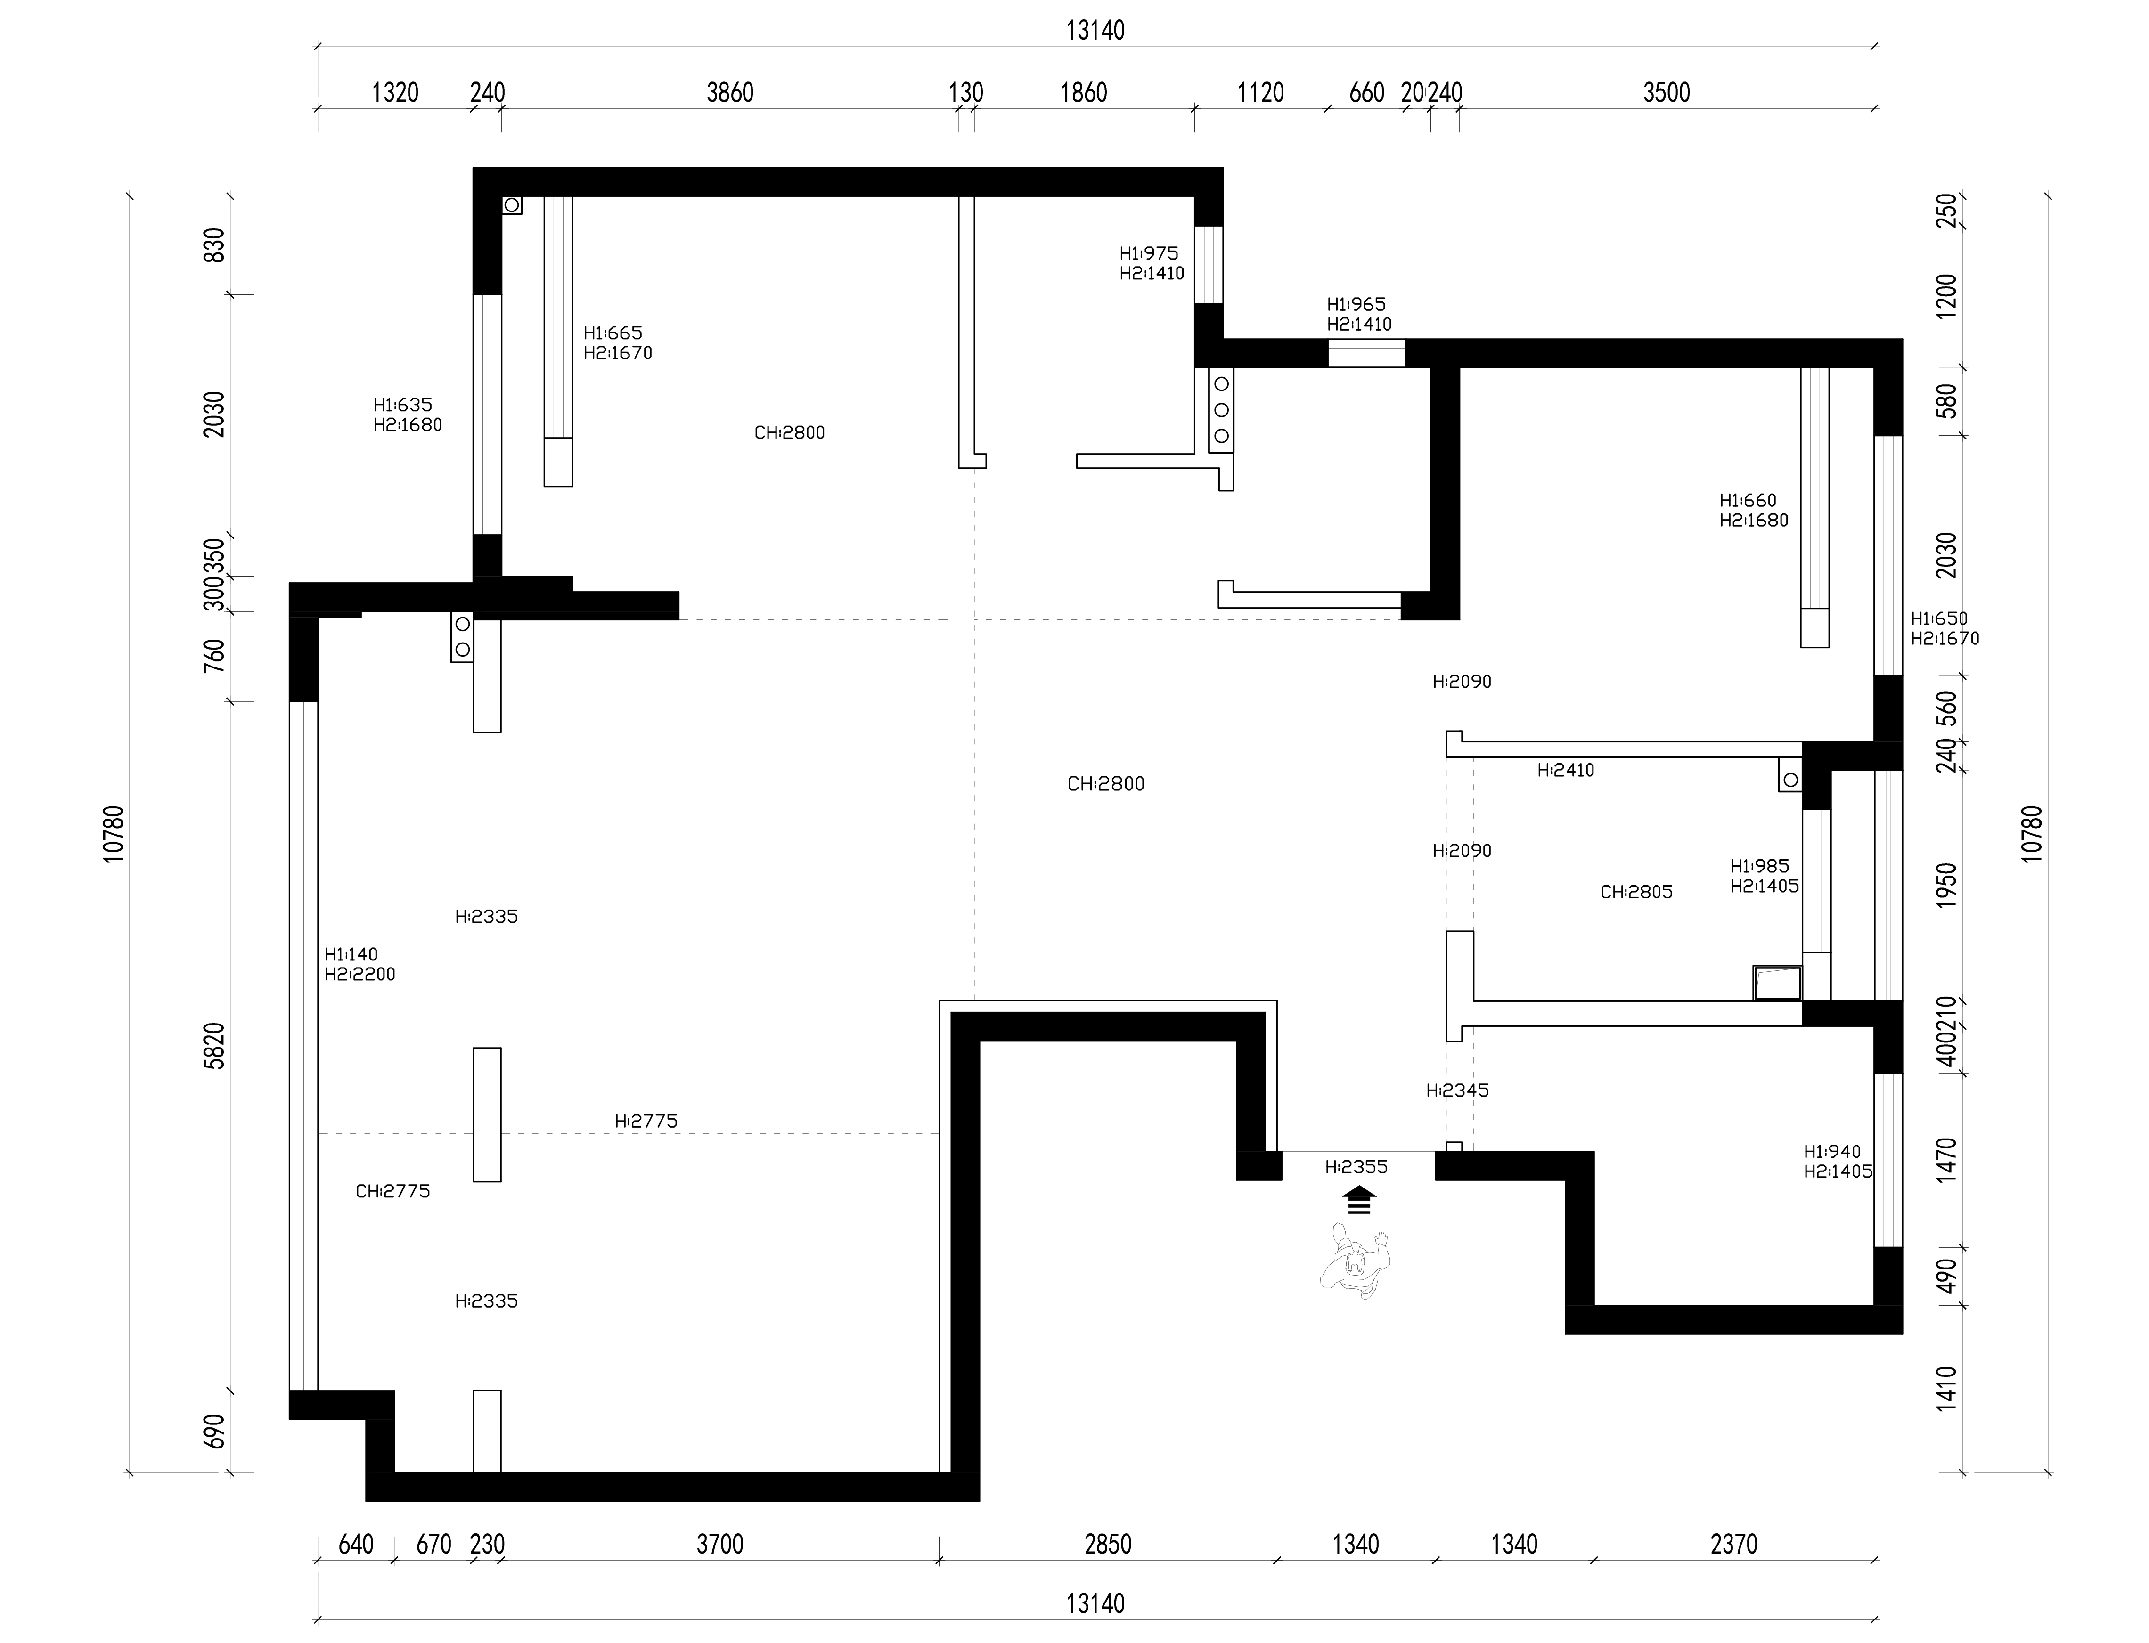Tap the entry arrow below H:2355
[1359, 1199]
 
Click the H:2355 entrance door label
[1356, 1167]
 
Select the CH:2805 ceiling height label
[1636, 892]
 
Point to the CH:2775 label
[392, 1191]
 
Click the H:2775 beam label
[646, 1121]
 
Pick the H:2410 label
[1566, 771]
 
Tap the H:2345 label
[1457, 1090]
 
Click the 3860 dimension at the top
[730, 93]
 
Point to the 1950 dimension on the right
[1946, 886]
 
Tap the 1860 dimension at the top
[1084, 93]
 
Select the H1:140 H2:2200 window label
[360, 964]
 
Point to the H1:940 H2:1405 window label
[1838, 1162]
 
